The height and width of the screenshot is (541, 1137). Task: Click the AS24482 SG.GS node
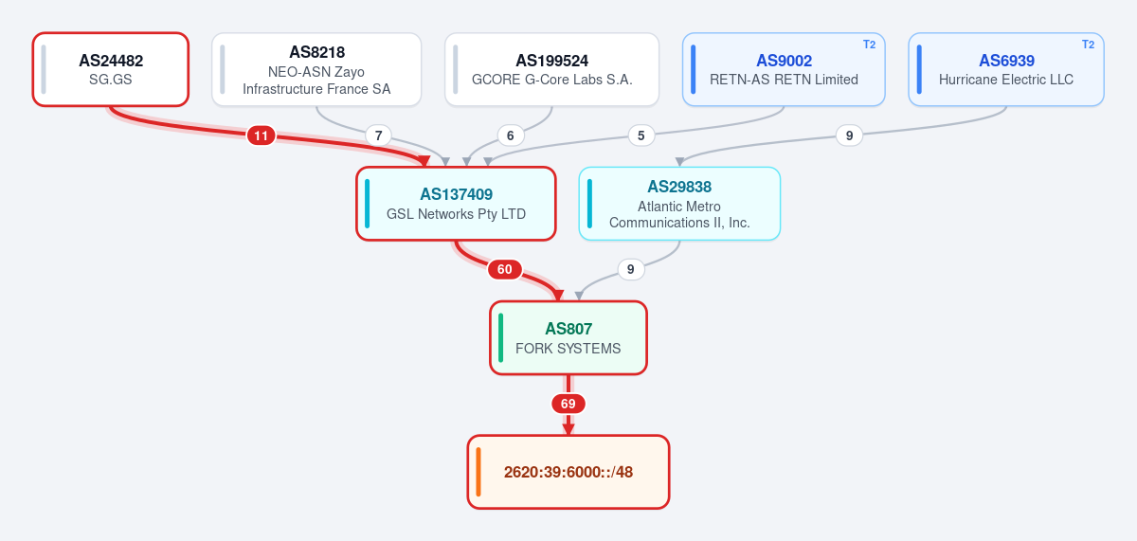point(111,69)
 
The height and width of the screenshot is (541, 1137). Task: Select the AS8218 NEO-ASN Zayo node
point(316,69)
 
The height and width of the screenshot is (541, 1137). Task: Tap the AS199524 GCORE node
point(551,69)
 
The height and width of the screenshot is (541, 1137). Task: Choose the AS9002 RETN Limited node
point(784,69)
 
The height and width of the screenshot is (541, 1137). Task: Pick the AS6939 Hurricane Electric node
point(1006,69)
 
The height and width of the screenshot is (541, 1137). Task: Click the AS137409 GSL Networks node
point(456,204)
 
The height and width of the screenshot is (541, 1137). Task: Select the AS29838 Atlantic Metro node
point(679,204)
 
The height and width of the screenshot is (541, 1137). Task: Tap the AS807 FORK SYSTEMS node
point(568,338)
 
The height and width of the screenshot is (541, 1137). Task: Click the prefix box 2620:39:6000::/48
point(568,472)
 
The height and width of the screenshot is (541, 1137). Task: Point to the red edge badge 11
point(261,135)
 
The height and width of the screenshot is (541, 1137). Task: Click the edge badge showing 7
point(379,135)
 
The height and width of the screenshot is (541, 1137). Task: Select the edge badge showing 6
point(510,135)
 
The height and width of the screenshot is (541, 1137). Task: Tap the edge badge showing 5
point(641,135)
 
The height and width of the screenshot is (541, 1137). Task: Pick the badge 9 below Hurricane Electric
point(849,135)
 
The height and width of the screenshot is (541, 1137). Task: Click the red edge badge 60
point(504,269)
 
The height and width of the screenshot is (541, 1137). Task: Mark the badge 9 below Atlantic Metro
point(630,269)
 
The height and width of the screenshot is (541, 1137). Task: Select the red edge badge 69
point(568,404)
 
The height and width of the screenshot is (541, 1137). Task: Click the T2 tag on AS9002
point(870,45)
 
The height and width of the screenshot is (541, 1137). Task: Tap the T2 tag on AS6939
point(1089,45)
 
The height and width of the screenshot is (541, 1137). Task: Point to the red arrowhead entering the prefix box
point(568,429)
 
